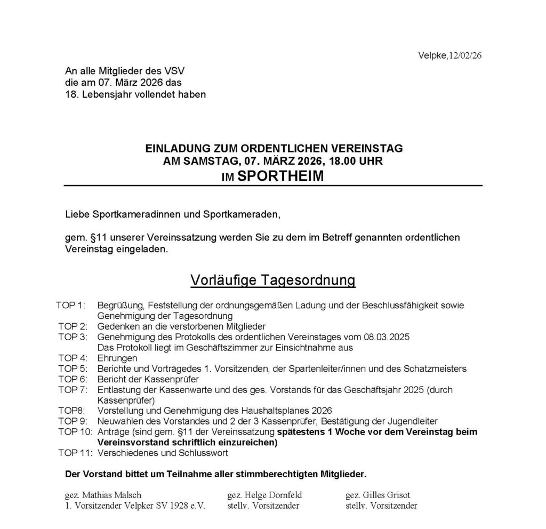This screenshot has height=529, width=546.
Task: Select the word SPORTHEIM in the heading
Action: pyautogui.click(x=280, y=176)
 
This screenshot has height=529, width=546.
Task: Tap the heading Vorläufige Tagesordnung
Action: pyautogui.click(x=272, y=280)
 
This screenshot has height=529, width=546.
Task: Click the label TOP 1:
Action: pyautogui.click(x=70, y=305)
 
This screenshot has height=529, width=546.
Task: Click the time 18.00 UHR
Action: pyautogui.click(x=356, y=161)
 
